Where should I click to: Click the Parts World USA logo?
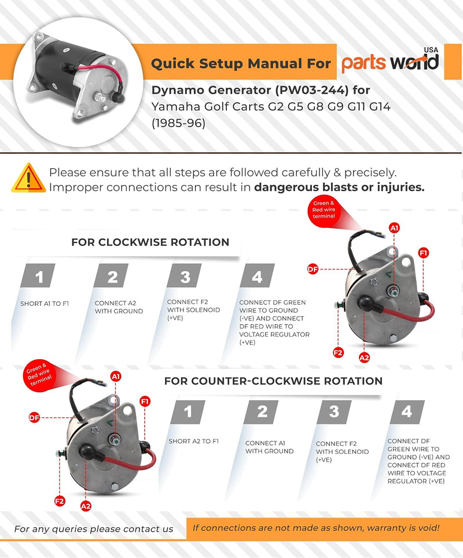click(390, 61)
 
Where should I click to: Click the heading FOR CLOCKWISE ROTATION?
click(150, 242)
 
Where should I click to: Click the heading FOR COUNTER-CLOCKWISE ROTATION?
click(273, 381)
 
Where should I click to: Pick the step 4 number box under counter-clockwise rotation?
click(407, 412)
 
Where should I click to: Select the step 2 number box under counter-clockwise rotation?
click(263, 412)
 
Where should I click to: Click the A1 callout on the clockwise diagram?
click(395, 228)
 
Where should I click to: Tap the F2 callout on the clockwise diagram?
click(337, 351)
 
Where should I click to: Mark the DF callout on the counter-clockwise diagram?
click(34, 416)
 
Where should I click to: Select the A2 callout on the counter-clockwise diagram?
click(86, 505)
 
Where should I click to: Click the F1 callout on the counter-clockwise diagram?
click(145, 401)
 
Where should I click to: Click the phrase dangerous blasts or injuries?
click(339, 187)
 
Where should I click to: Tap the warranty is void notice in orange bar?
click(315, 527)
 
